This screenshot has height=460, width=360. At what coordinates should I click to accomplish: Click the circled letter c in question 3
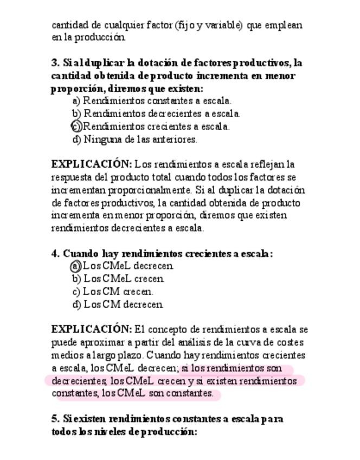76,126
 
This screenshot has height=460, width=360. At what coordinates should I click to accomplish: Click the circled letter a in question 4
76,266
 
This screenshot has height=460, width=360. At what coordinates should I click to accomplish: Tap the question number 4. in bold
56,253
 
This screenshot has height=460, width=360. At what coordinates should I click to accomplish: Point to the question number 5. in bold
56,419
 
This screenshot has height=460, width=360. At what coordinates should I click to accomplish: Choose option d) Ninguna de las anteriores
135,139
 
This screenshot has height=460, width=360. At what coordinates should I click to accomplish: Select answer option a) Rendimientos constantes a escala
152,101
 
